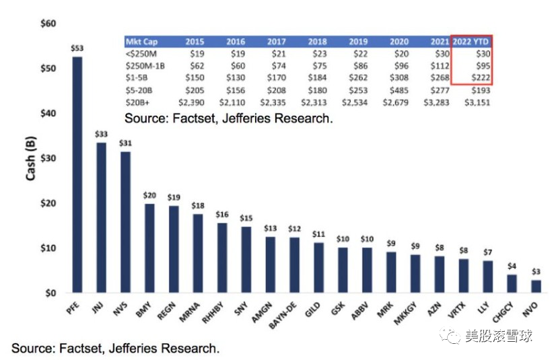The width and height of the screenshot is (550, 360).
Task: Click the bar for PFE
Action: pyautogui.click(x=77, y=175)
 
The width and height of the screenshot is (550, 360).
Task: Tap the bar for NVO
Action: pyautogui.click(x=536, y=287)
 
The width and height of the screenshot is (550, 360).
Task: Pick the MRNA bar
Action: pyautogui.click(x=198, y=253)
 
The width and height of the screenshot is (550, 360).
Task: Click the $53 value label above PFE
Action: pyautogui.click(x=77, y=48)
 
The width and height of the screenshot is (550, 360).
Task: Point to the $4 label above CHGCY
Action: pyautogui.click(x=512, y=266)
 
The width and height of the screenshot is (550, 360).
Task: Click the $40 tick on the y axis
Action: pyautogui.click(x=48, y=114)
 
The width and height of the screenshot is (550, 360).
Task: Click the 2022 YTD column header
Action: pyautogui.click(x=471, y=42)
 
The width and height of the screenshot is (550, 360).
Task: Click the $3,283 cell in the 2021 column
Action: pyautogui.click(x=434, y=102)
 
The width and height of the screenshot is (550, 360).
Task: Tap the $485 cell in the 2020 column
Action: pyautogui.click(x=398, y=90)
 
